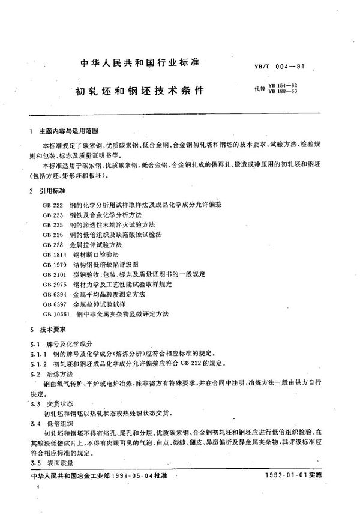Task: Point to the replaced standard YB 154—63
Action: coord(286,86)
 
